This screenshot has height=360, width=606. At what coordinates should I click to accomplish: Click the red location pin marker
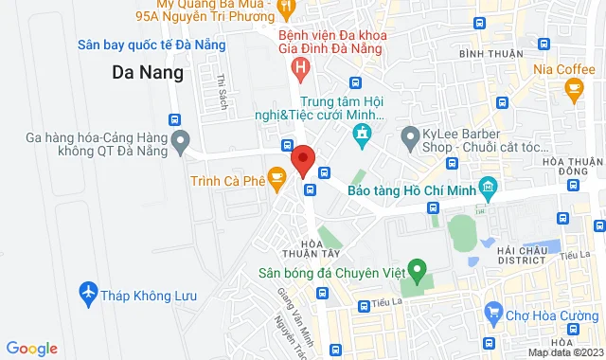tap(303, 158)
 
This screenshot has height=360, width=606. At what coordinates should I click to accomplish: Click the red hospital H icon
tap(301, 67)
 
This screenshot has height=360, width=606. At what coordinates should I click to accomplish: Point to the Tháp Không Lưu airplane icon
tap(89, 293)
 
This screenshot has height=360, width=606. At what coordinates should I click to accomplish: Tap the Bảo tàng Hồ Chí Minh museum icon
tap(488, 186)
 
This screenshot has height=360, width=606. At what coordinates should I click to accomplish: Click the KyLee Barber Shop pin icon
tap(410, 138)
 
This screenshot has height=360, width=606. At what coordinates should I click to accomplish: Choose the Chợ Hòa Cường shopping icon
tap(492, 311)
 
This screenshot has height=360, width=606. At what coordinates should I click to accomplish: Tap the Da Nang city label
tap(148, 71)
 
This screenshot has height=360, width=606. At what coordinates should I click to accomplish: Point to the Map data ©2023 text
tap(564, 353)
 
